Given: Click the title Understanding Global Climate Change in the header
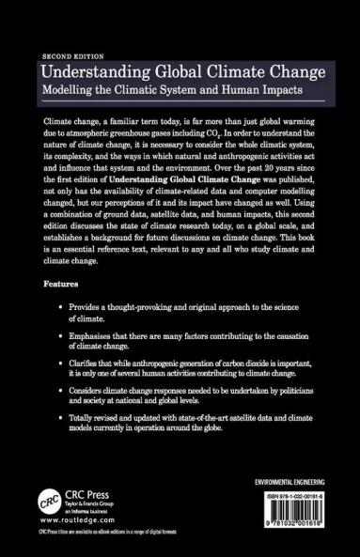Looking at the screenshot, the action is [x=177, y=73].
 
